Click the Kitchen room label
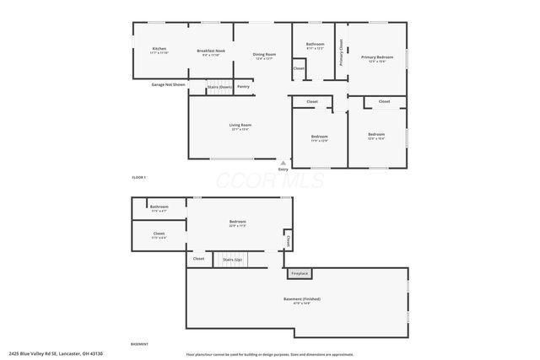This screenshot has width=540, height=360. pyautogui.click(x=159, y=50)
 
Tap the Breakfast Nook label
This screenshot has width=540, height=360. pyautogui.click(x=211, y=51)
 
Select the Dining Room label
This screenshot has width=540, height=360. pyautogui.click(x=264, y=55)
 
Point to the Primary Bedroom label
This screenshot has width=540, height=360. pyautogui.click(x=377, y=57)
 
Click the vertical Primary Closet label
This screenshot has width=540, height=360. pyautogui.click(x=341, y=52)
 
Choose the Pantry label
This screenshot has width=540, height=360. pyautogui.click(x=243, y=86)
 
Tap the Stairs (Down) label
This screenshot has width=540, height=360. pyautogui.click(x=219, y=86)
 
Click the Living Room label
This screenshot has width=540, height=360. pyautogui.click(x=240, y=126)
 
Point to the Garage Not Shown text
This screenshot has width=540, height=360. pyautogui.click(x=168, y=85)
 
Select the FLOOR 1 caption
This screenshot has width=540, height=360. pyautogui.click(x=139, y=177)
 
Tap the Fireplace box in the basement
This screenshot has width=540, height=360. pyautogui.click(x=300, y=273)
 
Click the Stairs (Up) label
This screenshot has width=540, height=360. pyautogui.click(x=232, y=260)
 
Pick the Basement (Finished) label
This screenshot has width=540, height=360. pyautogui.click(x=301, y=299)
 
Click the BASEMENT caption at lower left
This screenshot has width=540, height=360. pyautogui.click(x=140, y=344)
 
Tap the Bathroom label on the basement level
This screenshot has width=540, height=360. pyautogui.click(x=159, y=207)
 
